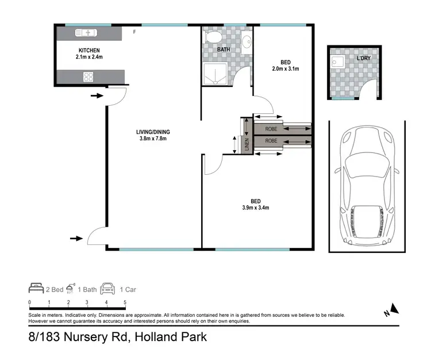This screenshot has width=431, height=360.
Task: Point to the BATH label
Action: click(x=224, y=50)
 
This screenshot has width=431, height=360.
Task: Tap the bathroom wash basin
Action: click(x=245, y=41)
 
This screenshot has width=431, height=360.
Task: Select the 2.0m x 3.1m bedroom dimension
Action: click(x=286, y=68)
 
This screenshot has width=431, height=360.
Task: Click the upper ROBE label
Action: click(x=272, y=129)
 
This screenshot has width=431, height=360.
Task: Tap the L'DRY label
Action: click(x=364, y=59)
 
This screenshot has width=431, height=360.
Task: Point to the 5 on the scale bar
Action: click(x=125, y=302)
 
